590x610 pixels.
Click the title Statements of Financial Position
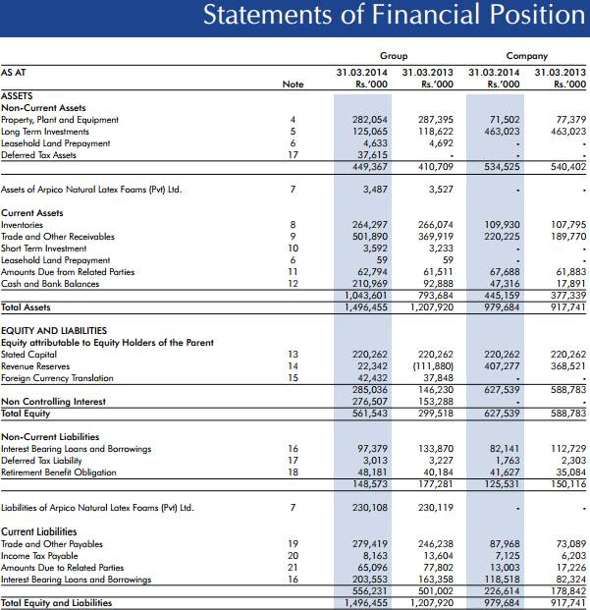click(394, 16)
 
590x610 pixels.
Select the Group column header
click(394, 56)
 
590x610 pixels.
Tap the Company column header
click(527, 56)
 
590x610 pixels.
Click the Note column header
click(293, 84)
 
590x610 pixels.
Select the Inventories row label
click(23, 225)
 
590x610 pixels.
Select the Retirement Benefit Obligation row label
click(58, 472)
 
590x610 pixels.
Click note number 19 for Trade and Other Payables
click(293, 543)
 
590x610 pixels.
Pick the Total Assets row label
click(27, 307)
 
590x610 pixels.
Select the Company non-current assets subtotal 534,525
click(501, 167)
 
